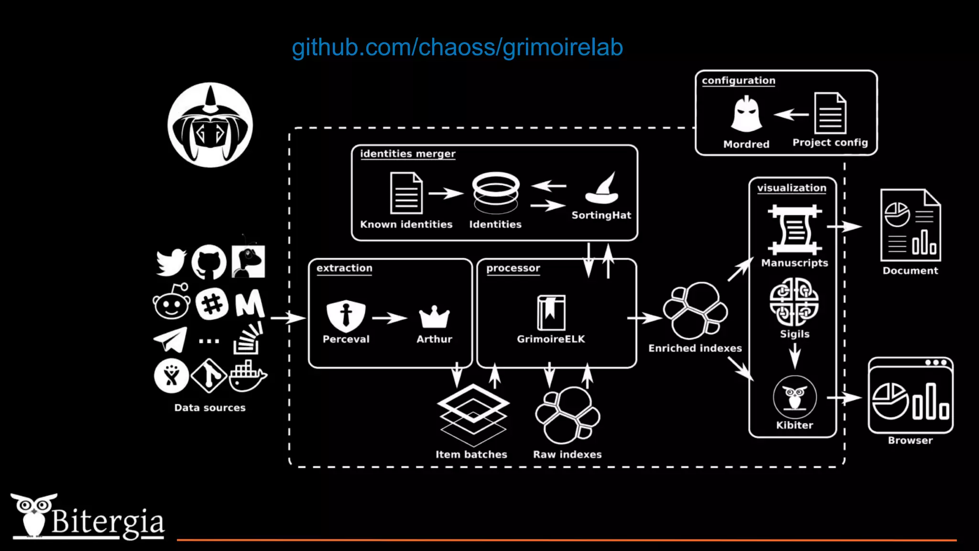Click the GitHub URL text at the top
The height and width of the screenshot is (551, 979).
click(x=457, y=47)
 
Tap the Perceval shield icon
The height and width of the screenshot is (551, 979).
click(x=346, y=316)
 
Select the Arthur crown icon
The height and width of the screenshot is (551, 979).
click(x=434, y=317)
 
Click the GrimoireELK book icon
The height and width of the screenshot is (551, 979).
click(x=551, y=313)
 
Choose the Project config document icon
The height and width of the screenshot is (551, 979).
click(x=830, y=114)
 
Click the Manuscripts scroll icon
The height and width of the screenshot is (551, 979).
click(x=795, y=230)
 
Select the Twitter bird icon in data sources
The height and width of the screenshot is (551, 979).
click(x=171, y=262)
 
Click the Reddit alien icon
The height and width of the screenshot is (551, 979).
click(x=171, y=302)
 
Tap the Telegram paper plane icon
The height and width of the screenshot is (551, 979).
click(x=171, y=339)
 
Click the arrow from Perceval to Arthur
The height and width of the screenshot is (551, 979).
click(x=390, y=318)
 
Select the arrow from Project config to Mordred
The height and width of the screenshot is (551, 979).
click(x=791, y=115)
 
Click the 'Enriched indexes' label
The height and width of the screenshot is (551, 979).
click(x=695, y=348)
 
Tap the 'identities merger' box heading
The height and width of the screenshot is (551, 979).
click(x=408, y=154)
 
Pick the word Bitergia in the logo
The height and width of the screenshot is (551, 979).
click(x=108, y=522)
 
